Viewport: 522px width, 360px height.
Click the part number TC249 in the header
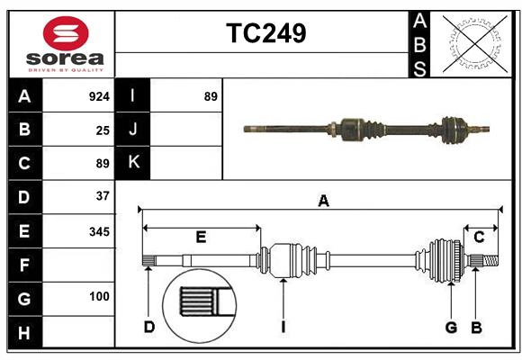(265, 33)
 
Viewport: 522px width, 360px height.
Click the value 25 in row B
(103, 130)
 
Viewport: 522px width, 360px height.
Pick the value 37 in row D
(103, 195)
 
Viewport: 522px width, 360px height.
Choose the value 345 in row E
(100, 231)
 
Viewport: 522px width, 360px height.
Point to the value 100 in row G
(100, 296)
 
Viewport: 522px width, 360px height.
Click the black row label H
(24, 334)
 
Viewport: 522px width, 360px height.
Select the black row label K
(133, 163)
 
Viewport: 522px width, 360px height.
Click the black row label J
(133, 130)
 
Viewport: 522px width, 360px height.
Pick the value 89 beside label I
(211, 96)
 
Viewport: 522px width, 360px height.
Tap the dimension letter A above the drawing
(323, 202)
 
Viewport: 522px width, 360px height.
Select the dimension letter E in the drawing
(201, 238)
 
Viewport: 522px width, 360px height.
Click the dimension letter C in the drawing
(479, 238)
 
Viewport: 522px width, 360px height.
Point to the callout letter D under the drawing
(148, 327)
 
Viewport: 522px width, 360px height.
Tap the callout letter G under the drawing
(451, 327)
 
